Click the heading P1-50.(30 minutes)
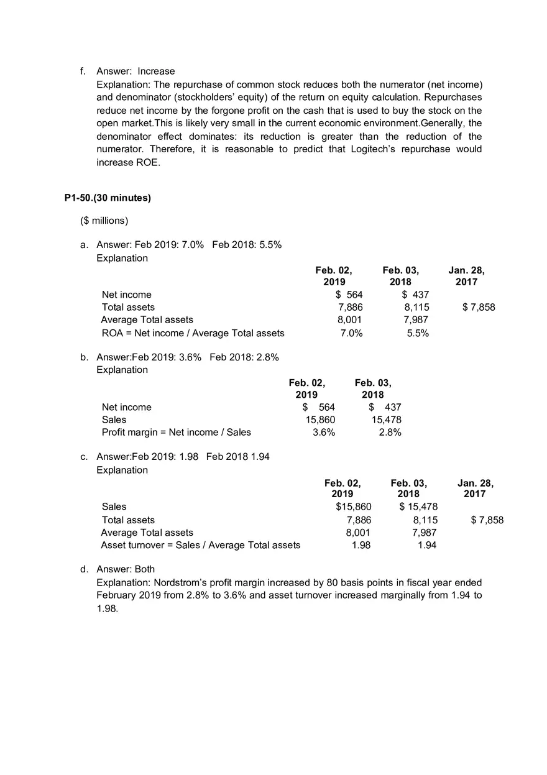(108, 198)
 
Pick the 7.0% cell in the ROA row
(352, 333)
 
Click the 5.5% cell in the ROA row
(417, 333)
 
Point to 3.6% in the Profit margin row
(324, 432)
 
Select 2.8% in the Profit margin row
(390, 432)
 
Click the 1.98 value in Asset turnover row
(361, 545)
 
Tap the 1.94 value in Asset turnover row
(426, 545)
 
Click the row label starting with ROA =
(193, 333)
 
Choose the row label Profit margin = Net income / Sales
(177, 432)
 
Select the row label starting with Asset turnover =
(200, 545)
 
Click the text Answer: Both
(126, 569)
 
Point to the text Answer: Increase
(136, 71)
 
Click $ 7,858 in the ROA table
(479, 307)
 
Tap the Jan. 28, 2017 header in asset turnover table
(476, 488)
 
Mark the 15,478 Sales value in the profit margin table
(386, 420)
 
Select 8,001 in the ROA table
(350, 319)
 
